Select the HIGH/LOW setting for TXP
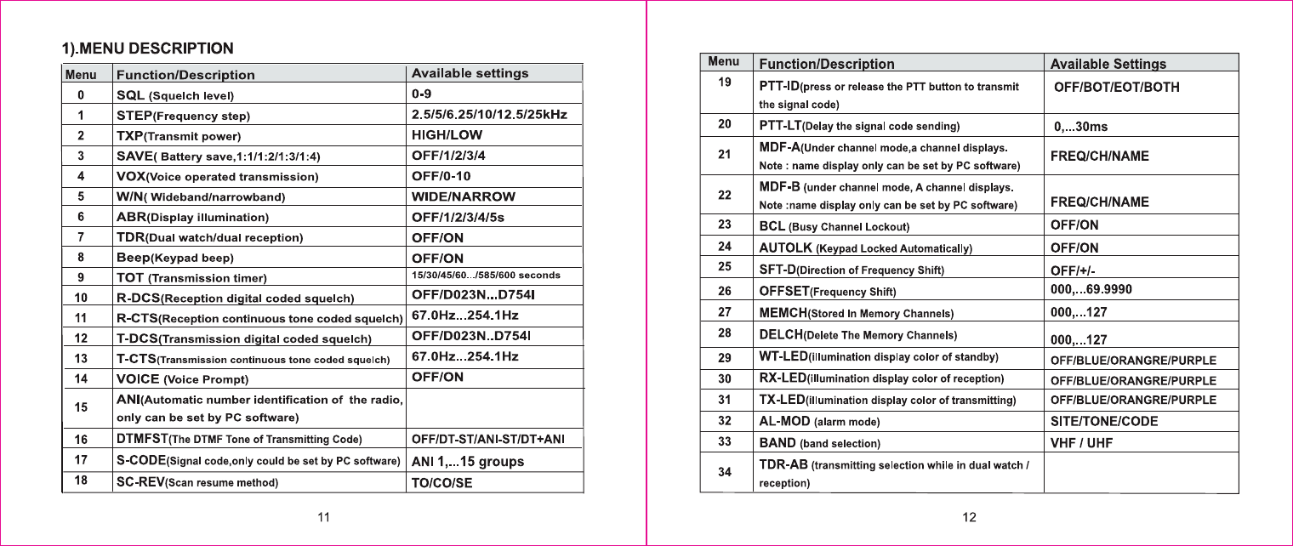coord(447,134)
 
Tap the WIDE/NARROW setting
coord(463,196)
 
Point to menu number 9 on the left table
coord(80,277)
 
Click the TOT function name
coord(130,278)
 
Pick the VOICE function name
coord(138,378)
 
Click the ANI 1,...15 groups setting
coord(468,462)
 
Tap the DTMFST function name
coord(141,439)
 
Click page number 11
coord(323,519)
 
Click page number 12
coord(969,519)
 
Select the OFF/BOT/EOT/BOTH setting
coord(1117,88)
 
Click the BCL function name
coord(772,226)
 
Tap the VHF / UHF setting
coord(1083,443)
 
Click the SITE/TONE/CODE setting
coord(1104,421)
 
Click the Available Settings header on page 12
coord(1108,64)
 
